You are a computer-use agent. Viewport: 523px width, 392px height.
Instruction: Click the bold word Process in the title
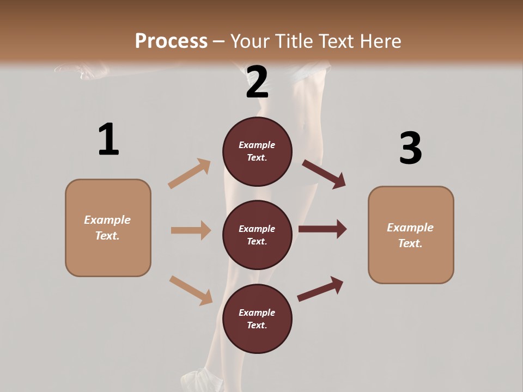171,41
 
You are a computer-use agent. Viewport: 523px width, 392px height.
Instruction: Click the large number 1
108,139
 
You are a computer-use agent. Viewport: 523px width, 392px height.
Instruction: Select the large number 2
257,82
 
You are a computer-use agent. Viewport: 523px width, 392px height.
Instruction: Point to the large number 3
410,148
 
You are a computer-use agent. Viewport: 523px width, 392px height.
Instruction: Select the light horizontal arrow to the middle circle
191,230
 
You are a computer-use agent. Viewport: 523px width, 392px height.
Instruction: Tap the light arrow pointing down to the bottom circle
191,290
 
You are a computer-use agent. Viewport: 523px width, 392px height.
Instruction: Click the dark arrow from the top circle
324,174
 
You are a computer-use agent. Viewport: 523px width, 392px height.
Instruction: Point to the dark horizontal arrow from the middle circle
323,229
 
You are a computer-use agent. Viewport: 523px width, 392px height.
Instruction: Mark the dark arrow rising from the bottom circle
320,289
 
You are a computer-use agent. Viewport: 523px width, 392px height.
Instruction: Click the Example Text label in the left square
107,228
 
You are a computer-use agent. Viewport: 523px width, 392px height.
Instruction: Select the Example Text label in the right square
410,235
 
